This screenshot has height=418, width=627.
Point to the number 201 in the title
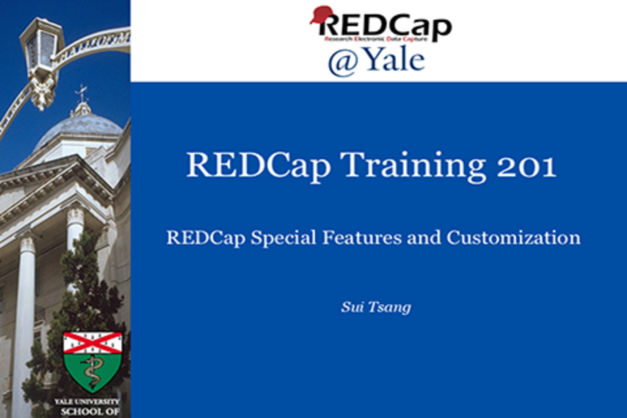(526, 166)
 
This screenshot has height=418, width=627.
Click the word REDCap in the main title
(259, 166)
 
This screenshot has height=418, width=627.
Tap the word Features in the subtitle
(362, 237)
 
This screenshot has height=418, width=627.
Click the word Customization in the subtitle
(513, 237)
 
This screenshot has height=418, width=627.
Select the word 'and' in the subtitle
(424, 237)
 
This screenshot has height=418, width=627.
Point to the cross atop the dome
(81, 93)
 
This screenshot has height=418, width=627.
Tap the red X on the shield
(92, 342)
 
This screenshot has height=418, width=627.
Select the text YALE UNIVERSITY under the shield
(87, 402)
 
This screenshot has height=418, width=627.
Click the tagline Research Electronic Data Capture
(375, 39)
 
